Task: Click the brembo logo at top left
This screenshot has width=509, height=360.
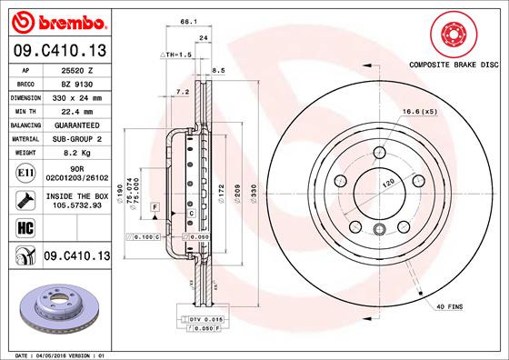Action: click(x=56, y=20)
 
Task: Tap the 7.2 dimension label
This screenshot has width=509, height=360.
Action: click(x=181, y=92)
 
